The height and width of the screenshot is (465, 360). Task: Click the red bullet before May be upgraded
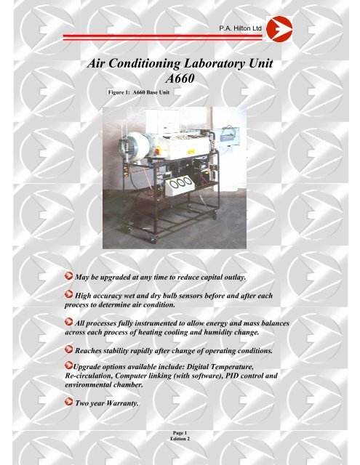tap(67, 278)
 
